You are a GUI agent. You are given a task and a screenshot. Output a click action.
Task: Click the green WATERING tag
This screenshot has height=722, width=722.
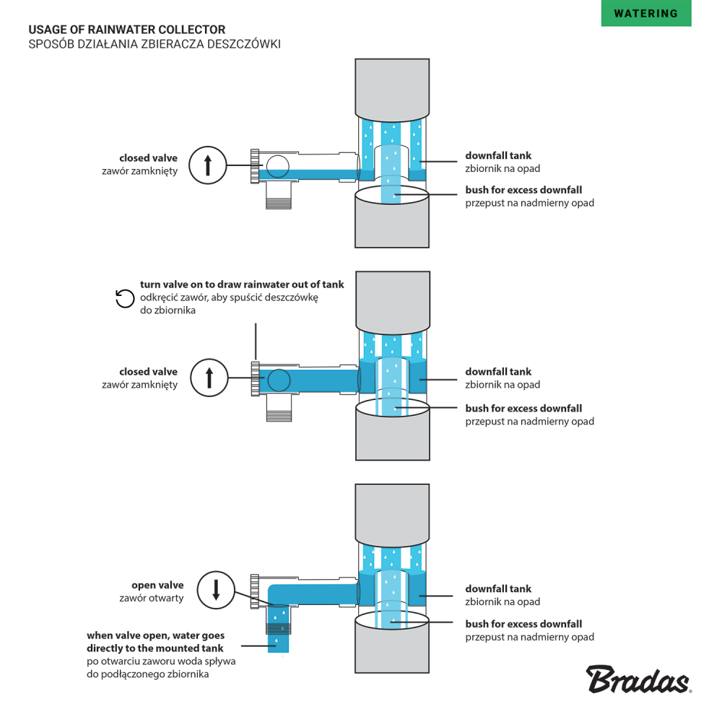[645, 13]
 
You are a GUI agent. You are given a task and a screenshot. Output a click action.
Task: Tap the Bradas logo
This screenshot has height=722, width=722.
[638, 680]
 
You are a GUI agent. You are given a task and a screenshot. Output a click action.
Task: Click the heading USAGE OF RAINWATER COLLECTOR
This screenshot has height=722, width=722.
[126, 30]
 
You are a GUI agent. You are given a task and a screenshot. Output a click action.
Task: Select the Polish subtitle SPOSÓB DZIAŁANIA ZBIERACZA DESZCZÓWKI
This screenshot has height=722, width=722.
[154, 44]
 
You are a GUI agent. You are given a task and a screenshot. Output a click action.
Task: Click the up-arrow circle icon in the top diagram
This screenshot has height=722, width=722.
[208, 165]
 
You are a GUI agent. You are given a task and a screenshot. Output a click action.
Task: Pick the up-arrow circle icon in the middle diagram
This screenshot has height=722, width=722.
[209, 378]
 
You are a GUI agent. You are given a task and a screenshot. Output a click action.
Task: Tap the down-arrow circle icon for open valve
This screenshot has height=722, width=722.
[215, 590]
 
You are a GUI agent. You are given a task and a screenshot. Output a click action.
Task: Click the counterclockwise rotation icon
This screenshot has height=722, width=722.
[125, 297]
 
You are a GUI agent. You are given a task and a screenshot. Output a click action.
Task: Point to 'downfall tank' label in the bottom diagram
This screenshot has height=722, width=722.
[498, 588]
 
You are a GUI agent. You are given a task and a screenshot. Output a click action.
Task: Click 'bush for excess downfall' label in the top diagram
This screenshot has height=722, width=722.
[523, 190]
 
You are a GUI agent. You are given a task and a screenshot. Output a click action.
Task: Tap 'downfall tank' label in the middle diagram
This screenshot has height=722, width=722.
[498, 372]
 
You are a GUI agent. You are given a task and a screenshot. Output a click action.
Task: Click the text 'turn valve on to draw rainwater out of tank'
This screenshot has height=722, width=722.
[242, 284]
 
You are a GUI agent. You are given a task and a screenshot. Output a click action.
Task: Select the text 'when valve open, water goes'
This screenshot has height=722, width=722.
[155, 635]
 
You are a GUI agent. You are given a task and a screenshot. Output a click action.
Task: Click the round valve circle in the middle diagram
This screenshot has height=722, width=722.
[279, 380]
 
